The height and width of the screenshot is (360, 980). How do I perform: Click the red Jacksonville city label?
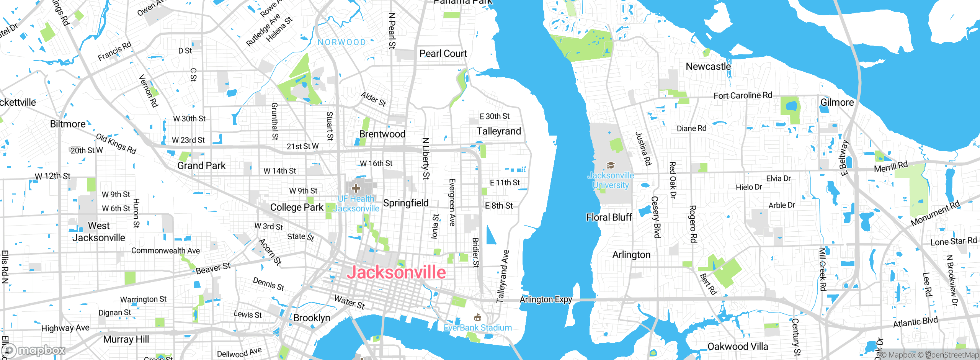coord(396,272)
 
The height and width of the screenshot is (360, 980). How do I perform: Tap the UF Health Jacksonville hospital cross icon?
coord(356,188)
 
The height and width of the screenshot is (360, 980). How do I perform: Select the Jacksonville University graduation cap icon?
coord(611,165)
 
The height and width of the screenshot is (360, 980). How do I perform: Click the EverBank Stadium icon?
coord(477,317)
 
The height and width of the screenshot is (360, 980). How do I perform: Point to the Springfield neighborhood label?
coord(406,203)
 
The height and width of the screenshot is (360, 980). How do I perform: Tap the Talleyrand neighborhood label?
coord(499,131)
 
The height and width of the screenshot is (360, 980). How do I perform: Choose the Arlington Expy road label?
coord(546,299)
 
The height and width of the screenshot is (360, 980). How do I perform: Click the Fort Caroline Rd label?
coord(743,95)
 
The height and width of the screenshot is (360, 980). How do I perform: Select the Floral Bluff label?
coord(609,218)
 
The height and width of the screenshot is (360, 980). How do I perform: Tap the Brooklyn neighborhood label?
coord(312,318)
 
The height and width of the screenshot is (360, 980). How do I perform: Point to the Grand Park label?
coord(201,166)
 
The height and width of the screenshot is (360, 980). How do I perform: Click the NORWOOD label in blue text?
coord(342,42)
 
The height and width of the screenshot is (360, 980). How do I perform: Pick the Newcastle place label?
coord(708,67)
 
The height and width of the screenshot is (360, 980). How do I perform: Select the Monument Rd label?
coord(935,213)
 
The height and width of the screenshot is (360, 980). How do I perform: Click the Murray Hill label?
coord(126,339)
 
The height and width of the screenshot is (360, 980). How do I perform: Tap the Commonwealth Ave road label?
coord(165,251)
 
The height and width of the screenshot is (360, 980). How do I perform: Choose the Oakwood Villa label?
coord(738,347)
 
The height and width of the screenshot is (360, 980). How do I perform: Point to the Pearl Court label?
coord(443,54)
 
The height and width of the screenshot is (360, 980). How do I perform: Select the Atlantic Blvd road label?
coord(915,322)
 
